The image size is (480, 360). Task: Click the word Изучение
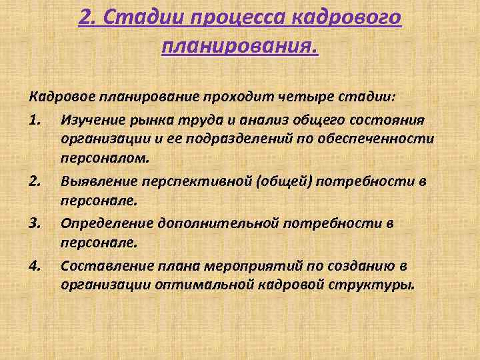(x=93, y=119)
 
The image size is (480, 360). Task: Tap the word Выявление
(x=97, y=181)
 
